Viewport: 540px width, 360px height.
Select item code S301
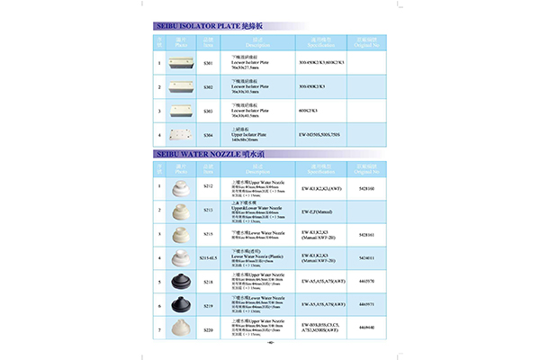coord(208,65)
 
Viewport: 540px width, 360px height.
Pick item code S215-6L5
coord(208,258)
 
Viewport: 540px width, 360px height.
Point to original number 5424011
coord(365,258)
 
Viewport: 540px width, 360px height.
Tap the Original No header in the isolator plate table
coord(365,42)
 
